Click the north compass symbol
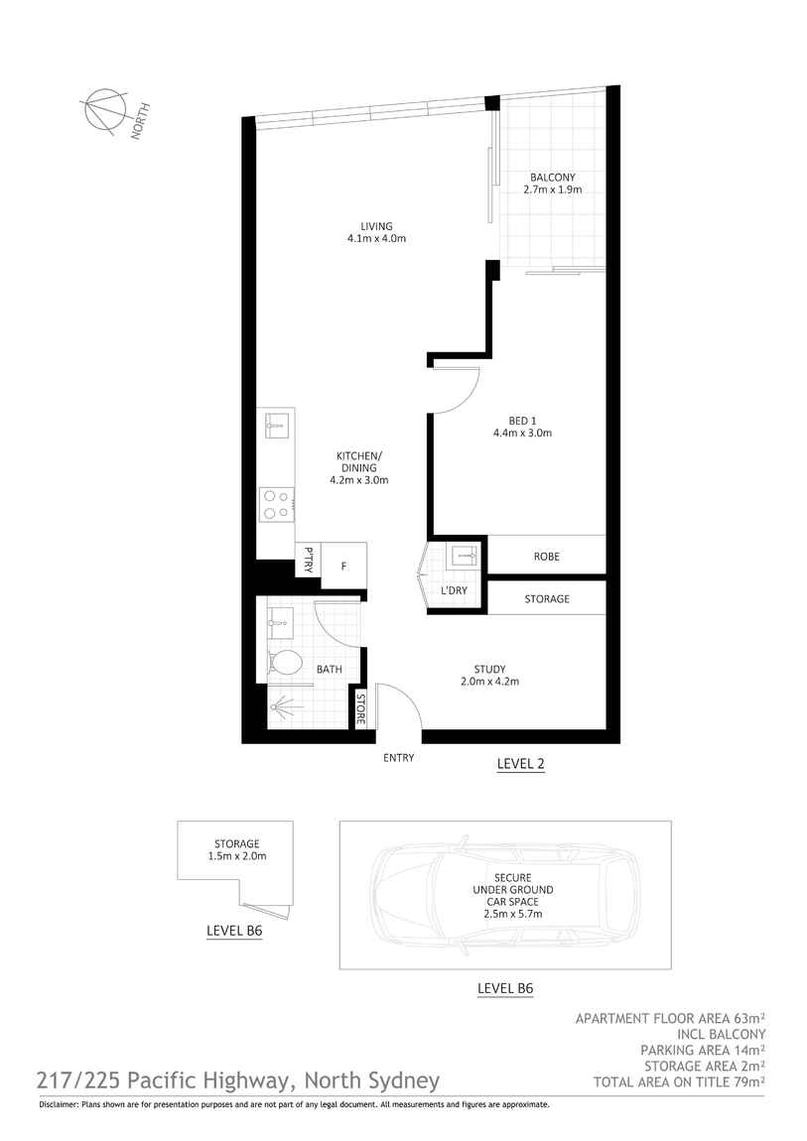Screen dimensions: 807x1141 pos(105,111)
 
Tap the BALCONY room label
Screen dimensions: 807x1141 pos(552,177)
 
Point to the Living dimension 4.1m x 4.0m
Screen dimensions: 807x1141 pos(376,238)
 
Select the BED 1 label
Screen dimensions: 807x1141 pos(522,420)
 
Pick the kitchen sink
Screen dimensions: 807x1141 pos(278,424)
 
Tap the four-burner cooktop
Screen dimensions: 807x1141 pos(277,504)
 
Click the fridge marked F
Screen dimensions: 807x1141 pos(343,566)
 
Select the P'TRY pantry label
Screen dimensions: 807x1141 pos(309,559)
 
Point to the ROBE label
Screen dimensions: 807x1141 pos(547,556)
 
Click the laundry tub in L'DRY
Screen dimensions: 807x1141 pos(463,556)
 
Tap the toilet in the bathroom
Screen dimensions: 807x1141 pos(285,663)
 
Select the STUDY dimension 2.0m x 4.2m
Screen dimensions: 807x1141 pos(489,682)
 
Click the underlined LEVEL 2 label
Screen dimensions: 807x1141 pos(520,764)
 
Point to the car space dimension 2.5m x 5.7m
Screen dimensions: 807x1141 pos(513,914)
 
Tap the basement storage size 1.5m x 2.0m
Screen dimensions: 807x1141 pos(237,855)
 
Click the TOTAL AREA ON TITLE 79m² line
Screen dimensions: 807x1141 pos(679,1082)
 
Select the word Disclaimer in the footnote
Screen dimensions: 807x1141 pos(57,1104)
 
